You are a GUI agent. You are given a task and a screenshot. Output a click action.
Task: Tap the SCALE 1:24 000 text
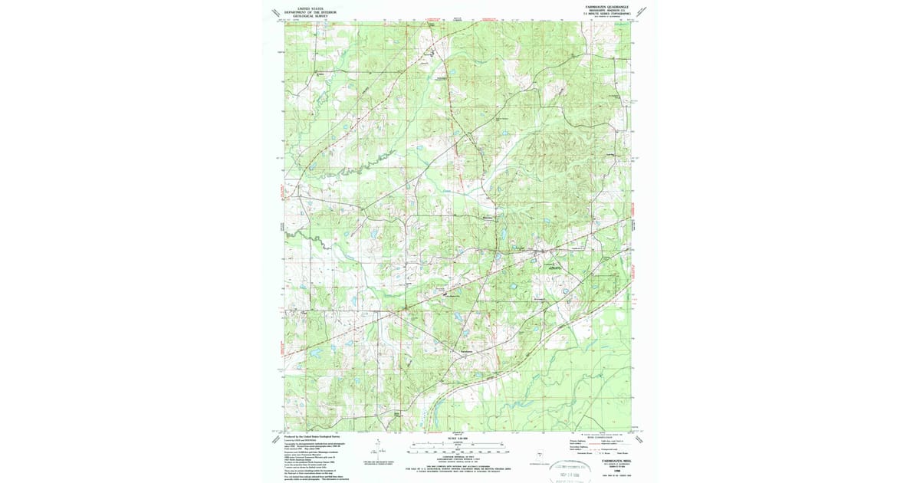pos(458,439)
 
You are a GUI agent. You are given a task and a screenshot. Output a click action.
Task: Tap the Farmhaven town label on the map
pos(465,352)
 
